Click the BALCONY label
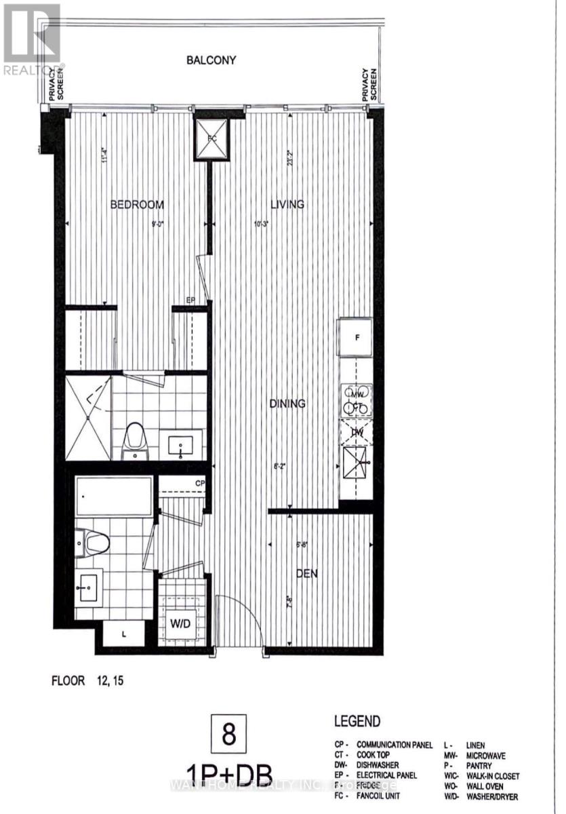click(x=211, y=60)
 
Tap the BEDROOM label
click(x=138, y=204)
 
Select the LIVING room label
click(x=287, y=204)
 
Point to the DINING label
click(x=287, y=404)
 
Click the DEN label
click(x=306, y=574)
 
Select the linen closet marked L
click(x=123, y=634)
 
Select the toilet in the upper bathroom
click(x=137, y=441)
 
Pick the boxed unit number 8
click(x=228, y=735)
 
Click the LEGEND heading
click(x=357, y=722)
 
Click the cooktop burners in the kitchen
click(x=356, y=401)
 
